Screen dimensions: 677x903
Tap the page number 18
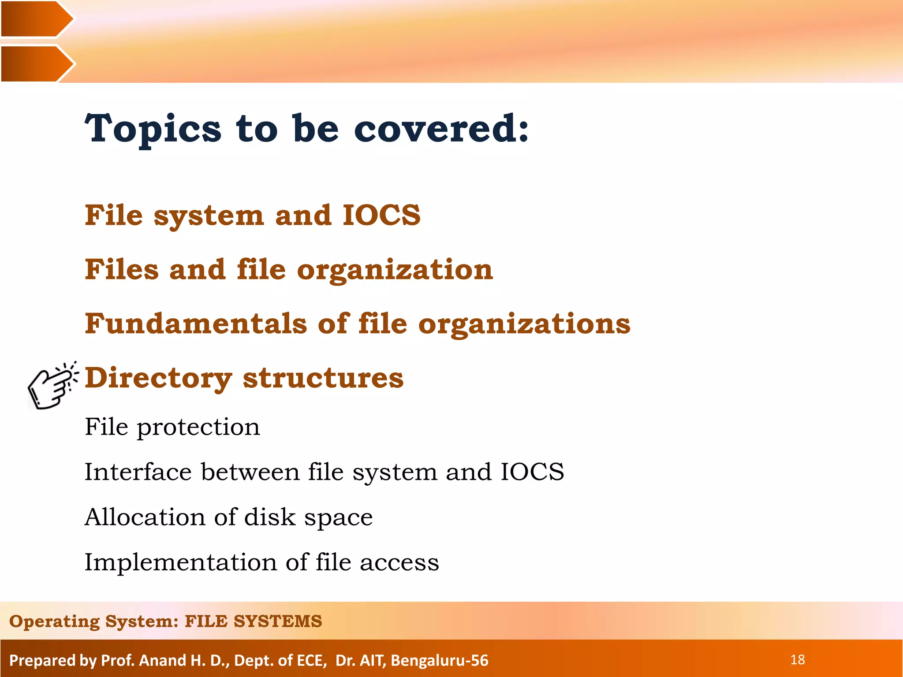[797, 660]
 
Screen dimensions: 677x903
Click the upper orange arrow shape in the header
[35, 19]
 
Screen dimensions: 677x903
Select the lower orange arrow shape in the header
[35, 64]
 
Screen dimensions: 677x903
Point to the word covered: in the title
[441, 129]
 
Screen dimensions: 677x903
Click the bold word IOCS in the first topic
[381, 215]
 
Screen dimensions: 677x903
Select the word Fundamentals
[196, 324]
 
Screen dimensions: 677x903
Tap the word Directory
[158, 378]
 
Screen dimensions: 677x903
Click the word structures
[323, 378]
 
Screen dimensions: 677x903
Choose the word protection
[198, 428]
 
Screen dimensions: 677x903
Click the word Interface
[138, 472]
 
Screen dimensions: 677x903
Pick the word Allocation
[145, 517]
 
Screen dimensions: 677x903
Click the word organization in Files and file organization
[395, 270]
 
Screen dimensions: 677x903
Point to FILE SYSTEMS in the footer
[253, 621]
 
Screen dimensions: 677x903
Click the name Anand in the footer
[162, 660]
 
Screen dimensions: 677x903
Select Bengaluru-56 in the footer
[439, 660]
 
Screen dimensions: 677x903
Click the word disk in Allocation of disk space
[269, 517]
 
